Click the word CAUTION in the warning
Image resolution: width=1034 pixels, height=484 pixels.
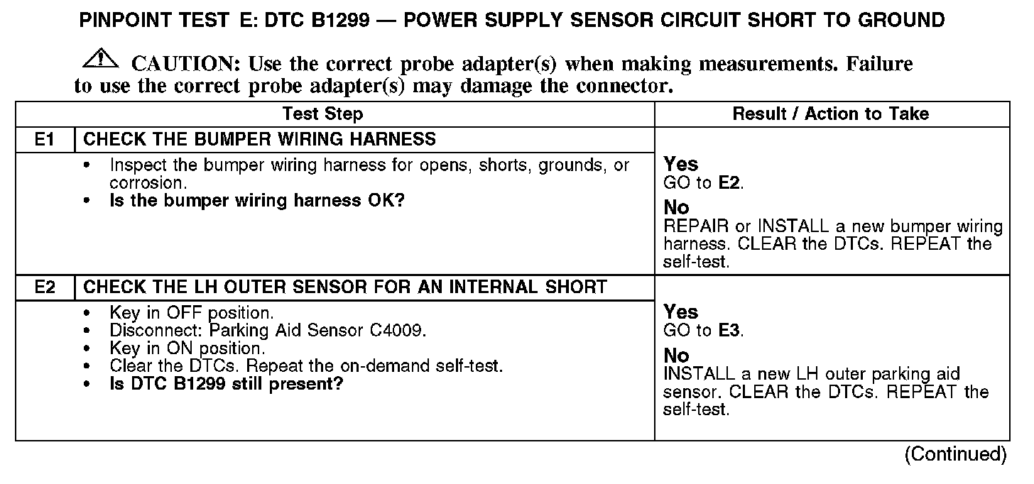pos(182,65)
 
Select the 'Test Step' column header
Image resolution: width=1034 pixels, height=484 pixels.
pos(322,114)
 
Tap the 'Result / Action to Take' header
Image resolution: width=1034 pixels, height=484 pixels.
pos(831,114)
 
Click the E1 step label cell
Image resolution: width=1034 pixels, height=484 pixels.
pos(45,139)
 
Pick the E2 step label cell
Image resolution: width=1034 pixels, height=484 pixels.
pos(45,287)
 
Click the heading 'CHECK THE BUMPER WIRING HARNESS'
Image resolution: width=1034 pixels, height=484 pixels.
pos(260,139)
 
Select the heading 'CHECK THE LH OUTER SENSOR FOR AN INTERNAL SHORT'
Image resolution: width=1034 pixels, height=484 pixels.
pos(345,287)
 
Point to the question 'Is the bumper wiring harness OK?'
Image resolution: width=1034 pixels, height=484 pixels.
pos(256,201)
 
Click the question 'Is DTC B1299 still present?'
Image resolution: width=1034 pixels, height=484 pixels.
pos(227,385)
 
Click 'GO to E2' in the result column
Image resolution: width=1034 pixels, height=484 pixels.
pos(704,183)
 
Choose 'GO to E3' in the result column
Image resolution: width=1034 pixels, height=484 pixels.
pos(704,331)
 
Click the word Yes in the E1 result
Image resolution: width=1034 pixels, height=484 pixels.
pos(680,165)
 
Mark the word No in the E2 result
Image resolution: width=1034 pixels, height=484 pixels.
pos(676,356)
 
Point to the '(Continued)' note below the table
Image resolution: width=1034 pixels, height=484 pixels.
pos(955,454)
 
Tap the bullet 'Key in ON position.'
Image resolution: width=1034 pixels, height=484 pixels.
pos(187,348)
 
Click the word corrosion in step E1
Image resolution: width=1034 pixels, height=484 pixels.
pos(146,183)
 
